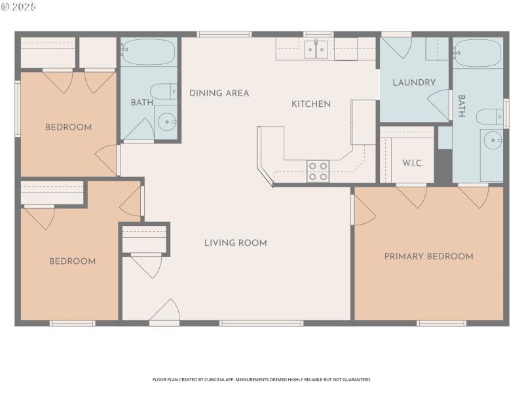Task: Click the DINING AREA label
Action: pos(219,93)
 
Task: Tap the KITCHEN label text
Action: pos(310,103)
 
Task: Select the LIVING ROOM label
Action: pos(235,243)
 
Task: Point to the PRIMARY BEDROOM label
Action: pos(428,256)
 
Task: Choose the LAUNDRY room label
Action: pos(414,83)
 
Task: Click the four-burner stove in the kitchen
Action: pos(318,172)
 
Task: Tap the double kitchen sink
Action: pos(317,50)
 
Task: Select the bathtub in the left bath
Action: pos(148,51)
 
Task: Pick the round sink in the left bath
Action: pos(168,121)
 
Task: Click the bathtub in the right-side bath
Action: pos(478,52)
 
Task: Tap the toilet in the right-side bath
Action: pos(489,117)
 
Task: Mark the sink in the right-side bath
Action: pos(493,140)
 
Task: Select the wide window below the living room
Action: pos(261,323)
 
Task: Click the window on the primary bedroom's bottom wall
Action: pos(441,323)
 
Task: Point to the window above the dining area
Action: pos(224,34)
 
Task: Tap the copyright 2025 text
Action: pos(19,7)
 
